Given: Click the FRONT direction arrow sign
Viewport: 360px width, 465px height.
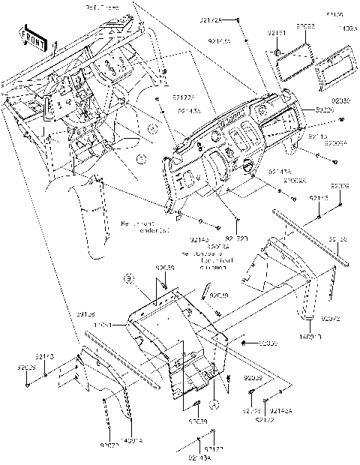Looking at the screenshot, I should pos(34,36).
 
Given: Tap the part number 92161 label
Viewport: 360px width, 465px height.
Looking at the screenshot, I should pos(277,34).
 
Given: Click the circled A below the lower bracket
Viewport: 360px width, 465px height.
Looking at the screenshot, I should pos(213,403).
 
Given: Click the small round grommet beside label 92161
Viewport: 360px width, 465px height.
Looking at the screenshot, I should pos(277,52).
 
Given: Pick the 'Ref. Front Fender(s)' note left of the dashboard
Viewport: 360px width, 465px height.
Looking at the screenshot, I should pos(145,226).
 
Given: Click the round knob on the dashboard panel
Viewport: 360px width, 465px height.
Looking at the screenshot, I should pos(244,166).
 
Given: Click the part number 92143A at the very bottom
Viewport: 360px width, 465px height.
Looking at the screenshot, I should pos(199,458).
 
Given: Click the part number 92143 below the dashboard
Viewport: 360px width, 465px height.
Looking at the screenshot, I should pos(200,240).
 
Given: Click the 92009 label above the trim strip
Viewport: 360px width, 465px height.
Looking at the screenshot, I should pos(340,185).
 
